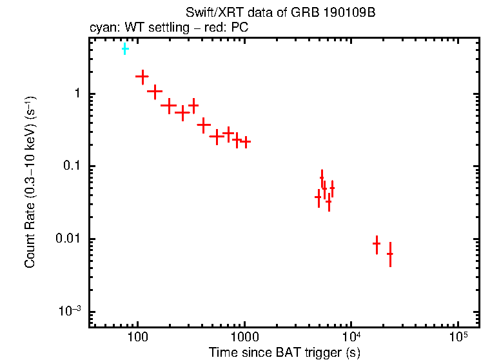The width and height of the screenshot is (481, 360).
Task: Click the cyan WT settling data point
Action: click(125, 49)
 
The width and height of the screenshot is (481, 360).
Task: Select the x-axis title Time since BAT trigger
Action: click(284, 352)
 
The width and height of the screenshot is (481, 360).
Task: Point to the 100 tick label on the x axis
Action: click(137, 337)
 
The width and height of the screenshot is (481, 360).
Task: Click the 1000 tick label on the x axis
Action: click(244, 337)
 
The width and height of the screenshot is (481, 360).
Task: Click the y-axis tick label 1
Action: click(75, 94)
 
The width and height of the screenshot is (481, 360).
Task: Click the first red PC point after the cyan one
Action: click(142, 77)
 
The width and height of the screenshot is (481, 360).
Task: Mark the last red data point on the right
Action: click(389, 254)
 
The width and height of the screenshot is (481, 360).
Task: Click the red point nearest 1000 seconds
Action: click(245, 142)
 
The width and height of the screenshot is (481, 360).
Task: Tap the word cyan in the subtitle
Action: click(100, 28)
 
